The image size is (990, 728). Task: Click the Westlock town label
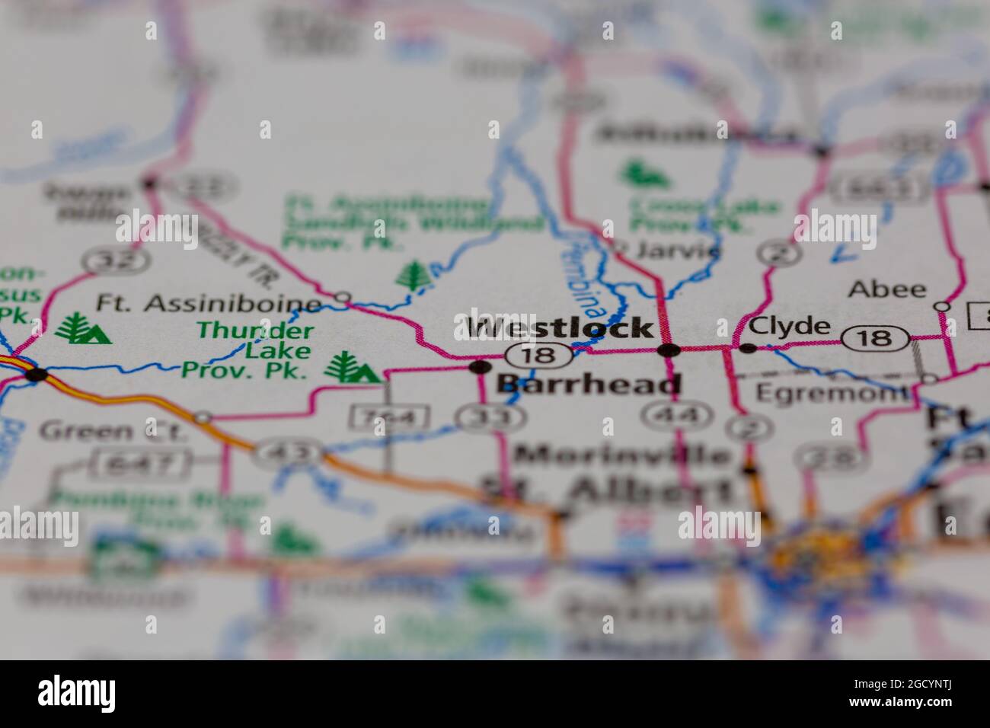[x=560, y=328]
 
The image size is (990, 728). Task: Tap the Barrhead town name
[x=588, y=384]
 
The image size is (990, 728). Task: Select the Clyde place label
[x=789, y=327]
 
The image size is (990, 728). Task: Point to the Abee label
[x=887, y=289]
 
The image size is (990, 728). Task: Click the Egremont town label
[x=832, y=393]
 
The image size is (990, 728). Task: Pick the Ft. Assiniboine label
[x=208, y=304]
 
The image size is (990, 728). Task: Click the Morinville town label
[x=621, y=455]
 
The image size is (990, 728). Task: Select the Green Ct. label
[x=112, y=432]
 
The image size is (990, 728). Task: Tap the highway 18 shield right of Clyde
[x=879, y=337]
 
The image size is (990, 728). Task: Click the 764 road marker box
[x=388, y=417]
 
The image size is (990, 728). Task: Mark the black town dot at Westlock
[x=669, y=350]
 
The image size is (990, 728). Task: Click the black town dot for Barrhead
[x=480, y=367]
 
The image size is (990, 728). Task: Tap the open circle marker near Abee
[x=943, y=306]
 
